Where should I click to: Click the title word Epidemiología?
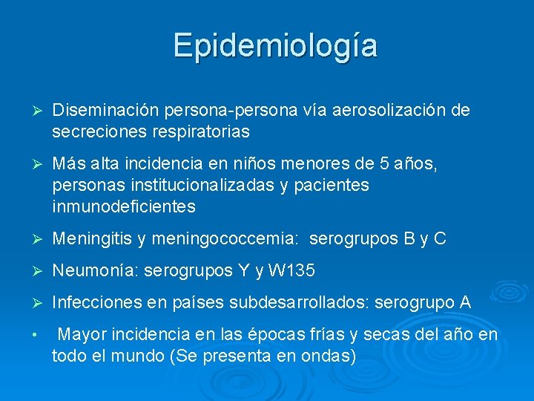(x=275, y=46)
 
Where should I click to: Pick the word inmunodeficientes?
(x=124, y=206)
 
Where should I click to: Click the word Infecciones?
(x=96, y=303)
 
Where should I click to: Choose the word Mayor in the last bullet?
(x=81, y=336)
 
